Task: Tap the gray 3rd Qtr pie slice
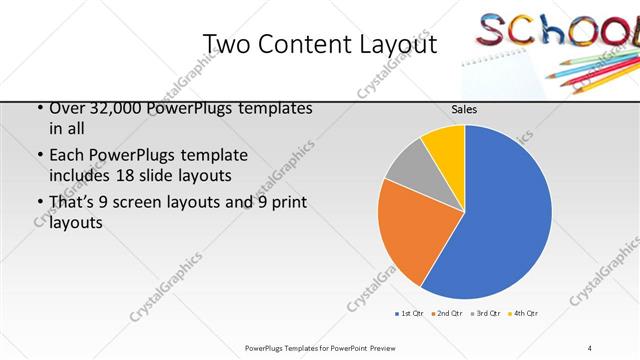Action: point(407,165)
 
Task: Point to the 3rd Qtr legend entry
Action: point(486,313)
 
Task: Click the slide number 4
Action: point(589,347)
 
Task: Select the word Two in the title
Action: point(227,44)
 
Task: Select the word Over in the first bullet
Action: point(67,109)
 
